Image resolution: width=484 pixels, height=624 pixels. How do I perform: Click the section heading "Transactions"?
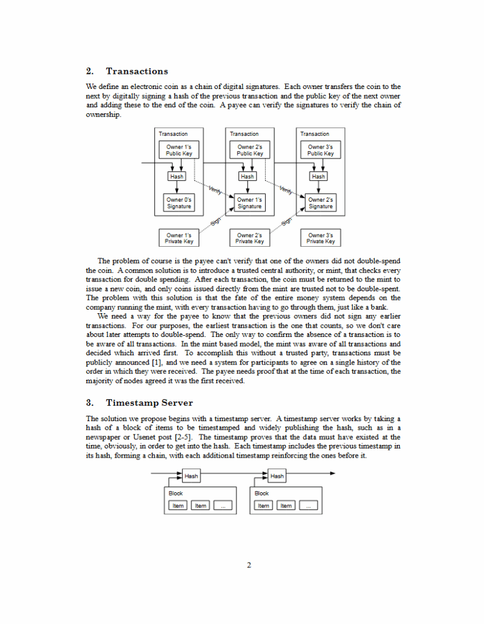pyautogui.click(x=137, y=71)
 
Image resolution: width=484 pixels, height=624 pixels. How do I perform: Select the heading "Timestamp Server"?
pyautogui.click(x=149, y=403)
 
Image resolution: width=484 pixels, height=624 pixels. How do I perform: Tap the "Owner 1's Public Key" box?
pyautogui.click(x=179, y=150)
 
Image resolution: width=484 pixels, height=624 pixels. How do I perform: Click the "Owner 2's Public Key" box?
pyautogui.click(x=250, y=150)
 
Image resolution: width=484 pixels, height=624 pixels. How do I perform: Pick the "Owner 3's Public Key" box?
pyautogui.click(x=320, y=150)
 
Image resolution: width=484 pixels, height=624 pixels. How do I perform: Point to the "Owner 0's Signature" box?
pyautogui.click(x=179, y=203)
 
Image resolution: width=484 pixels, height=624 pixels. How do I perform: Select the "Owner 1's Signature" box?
pyautogui.click(x=250, y=203)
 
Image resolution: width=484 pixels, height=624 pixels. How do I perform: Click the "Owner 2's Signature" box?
pyautogui.click(x=320, y=203)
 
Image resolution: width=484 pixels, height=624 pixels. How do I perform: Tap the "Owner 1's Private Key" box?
pyautogui.click(x=179, y=238)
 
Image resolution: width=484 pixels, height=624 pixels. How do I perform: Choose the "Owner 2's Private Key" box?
pyautogui.click(x=250, y=238)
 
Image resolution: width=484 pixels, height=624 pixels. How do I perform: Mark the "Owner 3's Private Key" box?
pyautogui.click(x=320, y=238)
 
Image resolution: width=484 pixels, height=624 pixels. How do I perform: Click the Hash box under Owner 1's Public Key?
pyautogui.click(x=177, y=176)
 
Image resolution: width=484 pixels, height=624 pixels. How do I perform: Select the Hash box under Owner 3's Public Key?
pyautogui.click(x=318, y=176)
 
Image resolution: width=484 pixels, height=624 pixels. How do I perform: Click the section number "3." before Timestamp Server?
pyautogui.click(x=90, y=403)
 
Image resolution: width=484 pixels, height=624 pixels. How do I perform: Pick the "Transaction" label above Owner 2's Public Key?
pyautogui.click(x=244, y=134)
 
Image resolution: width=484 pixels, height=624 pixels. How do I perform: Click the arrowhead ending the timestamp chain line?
pyautogui.click(x=332, y=473)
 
